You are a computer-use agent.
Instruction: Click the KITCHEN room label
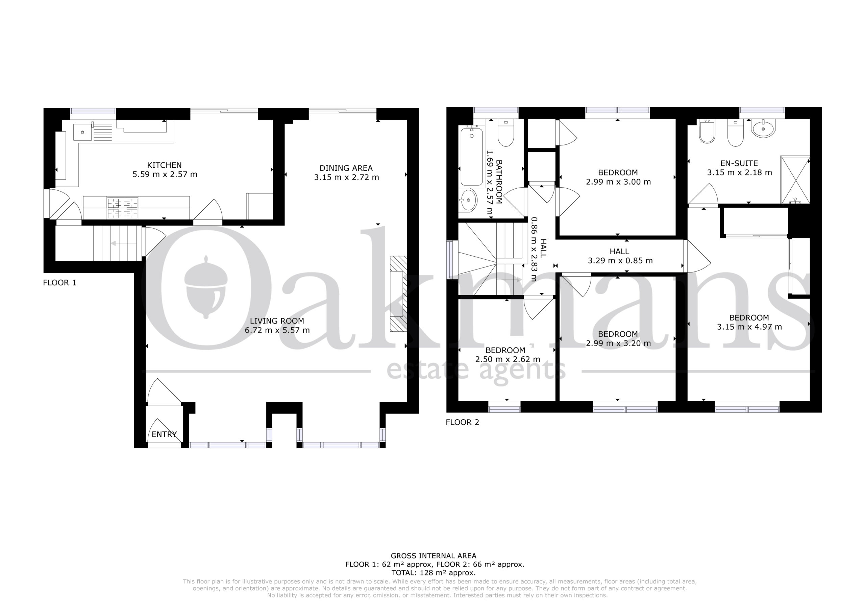(x=164, y=165)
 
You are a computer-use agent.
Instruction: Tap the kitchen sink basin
(x=82, y=132)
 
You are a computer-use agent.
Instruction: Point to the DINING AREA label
(x=346, y=168)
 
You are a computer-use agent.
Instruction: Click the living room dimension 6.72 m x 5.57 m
(x=277, y=330)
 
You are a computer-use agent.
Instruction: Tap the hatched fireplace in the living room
(x=398, y=294)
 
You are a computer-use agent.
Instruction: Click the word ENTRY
(x=164, y=434)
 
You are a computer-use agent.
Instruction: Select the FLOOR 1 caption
(x=59, y=283)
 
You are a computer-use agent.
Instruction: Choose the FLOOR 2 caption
(x=462, y=422)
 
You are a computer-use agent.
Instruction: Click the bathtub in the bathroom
(x=471, y=157)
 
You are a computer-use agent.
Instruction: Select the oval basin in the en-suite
(x=763, y=128)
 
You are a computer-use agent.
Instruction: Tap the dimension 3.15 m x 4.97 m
(x=749, y=327)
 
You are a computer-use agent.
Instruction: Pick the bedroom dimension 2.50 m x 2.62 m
(x=508, y=359)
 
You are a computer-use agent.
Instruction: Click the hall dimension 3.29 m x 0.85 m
(x=620, y=261)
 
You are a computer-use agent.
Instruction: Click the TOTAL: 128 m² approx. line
(x=433, y=573)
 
